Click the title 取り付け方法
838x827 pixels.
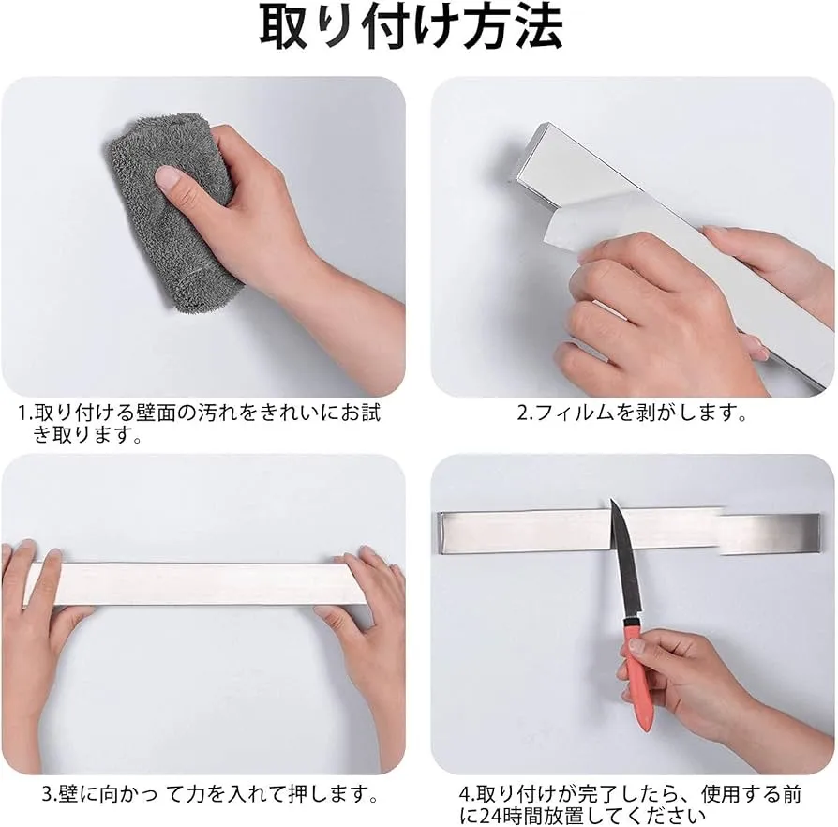pyautogui.click(x=412, y=28)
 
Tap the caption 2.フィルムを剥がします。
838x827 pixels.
pyautogui.click(x=632, y=413)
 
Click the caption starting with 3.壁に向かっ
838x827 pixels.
pyautogui.click(x=211, y=793)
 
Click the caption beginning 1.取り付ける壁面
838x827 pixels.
pyautogui.click(x=199, y=424)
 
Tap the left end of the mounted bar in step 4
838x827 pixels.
pyautogui.click(x=441, y=531)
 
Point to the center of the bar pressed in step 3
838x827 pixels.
pyautogui.click(x=196, y=583)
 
